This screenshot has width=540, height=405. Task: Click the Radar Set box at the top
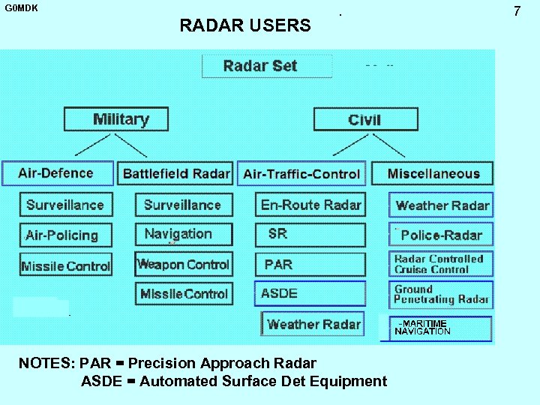coord(267,66)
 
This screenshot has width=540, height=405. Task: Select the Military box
coord(116,119)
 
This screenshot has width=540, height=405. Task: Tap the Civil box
coord(364,119)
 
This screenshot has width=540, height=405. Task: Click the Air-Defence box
coord(57,173)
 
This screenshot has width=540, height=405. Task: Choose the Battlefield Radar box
coord(175,173)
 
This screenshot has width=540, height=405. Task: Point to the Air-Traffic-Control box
coord(301,173)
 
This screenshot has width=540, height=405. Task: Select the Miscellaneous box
coord(433,173)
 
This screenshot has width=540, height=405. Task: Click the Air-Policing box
coord(66,235)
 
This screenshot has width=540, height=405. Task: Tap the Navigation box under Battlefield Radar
coord(184,234)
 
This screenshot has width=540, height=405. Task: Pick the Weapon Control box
coord(184,264)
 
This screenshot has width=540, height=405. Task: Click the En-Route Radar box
coord(310,205)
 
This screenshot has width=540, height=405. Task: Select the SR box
coord(310,234)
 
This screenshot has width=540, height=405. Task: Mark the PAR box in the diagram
coord(310,264)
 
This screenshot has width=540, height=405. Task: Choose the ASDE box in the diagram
coord(310,293)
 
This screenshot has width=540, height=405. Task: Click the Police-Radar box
coord(441,235)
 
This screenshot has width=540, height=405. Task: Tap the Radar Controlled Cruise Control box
coord(441,264)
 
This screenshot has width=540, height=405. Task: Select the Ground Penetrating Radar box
coord(441,294)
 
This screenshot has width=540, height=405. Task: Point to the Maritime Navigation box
coord(441,328)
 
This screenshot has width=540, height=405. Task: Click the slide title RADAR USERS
coord(245,25)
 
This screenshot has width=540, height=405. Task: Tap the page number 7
coord(516,11)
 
